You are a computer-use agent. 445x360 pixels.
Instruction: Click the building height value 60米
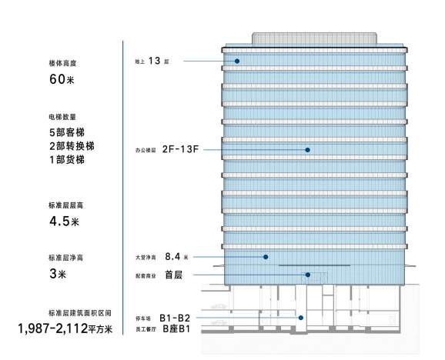[x=62, y=78]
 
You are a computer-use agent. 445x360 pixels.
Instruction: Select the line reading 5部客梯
[x=67, y=132]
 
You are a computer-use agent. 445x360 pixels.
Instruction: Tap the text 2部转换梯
[x=72, y=146]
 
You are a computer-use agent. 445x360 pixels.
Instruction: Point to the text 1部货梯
[x=67, y=159]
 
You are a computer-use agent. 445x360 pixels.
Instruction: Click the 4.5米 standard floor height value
[x=64, y=221]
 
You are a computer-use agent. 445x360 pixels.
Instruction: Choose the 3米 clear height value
[x=58, y=274]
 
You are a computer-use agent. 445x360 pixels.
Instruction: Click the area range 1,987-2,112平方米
[x=65, y=328]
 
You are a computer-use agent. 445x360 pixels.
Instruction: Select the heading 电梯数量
[x=62, y=117]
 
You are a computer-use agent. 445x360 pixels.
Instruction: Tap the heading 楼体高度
[x=62, y=63]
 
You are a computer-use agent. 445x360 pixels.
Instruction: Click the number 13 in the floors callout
[x=155, y=61]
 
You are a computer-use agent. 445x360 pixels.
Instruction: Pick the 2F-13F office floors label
[x=180, y=149]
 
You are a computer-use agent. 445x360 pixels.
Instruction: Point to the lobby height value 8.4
[x=172, y=256]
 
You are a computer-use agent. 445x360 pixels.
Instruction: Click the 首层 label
[x=174, y=275]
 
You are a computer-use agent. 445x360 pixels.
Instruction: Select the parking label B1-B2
[x=175, y=318]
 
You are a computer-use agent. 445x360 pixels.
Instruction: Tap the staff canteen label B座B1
[x=176, y=328]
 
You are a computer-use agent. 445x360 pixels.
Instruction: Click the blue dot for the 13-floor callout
[x=237, y=61]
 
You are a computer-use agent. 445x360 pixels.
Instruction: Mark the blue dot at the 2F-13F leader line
[x=307, y=150]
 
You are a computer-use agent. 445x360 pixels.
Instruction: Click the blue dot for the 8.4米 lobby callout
[x=266, y=257]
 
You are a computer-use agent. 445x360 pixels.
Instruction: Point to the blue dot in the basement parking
[x=301, y=318]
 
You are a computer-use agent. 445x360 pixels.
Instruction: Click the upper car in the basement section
[x=219, y=306]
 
